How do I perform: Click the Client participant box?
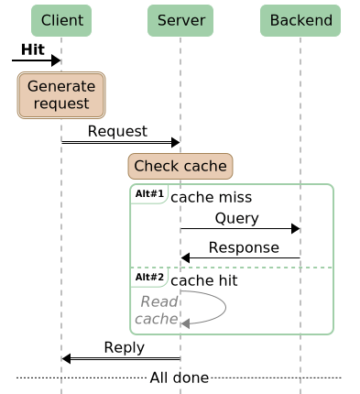61,20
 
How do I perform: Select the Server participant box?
180,20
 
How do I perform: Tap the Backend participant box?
300,20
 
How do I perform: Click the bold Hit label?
33,49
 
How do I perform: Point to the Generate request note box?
61,95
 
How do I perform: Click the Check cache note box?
180,166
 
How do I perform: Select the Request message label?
117,131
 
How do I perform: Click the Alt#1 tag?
148,194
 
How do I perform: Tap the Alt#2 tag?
148,277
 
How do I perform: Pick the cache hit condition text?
205,279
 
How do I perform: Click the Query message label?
237,218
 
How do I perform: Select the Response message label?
244,247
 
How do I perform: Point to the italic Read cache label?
158,310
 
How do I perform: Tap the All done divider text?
180,378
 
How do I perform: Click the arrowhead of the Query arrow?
295,228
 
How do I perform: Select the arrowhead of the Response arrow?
186,257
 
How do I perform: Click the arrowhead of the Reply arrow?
67,358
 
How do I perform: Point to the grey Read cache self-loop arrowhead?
186,323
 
